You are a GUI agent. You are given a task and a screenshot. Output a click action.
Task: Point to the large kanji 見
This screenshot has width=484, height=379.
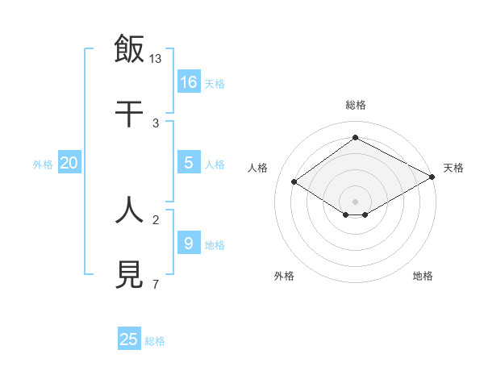[130, 274]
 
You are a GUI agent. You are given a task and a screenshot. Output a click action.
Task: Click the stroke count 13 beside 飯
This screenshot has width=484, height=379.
[156, 59]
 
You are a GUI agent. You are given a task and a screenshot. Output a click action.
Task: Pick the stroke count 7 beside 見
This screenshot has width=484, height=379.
[155, 285]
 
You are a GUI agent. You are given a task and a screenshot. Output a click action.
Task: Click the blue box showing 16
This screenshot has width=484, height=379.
[189, 81]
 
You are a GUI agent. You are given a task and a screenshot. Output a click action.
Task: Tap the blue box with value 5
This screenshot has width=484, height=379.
[189, 162]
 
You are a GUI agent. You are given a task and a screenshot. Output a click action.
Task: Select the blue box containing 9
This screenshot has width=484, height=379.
[189, 243]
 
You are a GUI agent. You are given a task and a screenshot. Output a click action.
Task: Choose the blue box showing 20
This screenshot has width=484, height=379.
[69, 162]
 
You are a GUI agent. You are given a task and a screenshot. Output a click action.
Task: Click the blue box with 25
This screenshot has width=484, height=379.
[129, 339]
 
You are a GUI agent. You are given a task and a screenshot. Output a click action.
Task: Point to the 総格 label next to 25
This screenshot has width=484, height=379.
[155, 341]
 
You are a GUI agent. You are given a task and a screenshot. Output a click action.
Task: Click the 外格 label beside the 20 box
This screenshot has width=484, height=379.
[43, 165]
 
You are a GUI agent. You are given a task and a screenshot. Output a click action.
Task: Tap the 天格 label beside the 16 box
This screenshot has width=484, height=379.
[214, 84]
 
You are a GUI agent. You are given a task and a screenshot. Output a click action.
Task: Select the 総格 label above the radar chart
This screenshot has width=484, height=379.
[356, 105]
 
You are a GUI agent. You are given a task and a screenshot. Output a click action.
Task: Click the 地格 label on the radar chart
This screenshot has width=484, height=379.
[423, 277]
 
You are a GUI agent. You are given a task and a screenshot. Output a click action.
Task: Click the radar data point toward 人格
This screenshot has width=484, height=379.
[294, 182]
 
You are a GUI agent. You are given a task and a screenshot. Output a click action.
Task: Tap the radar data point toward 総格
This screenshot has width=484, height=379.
[356, 138]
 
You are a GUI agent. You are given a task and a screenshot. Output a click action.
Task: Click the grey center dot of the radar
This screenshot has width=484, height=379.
[356, 201]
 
